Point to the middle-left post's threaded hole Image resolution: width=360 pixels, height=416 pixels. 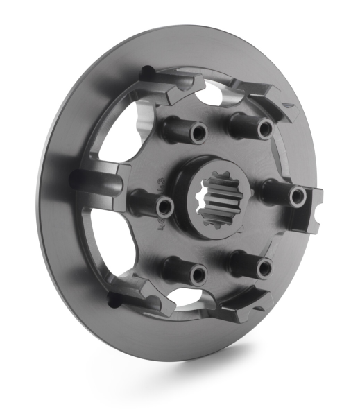click(x=164, y=205)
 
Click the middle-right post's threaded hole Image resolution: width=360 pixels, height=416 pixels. click(x=298, y=197)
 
